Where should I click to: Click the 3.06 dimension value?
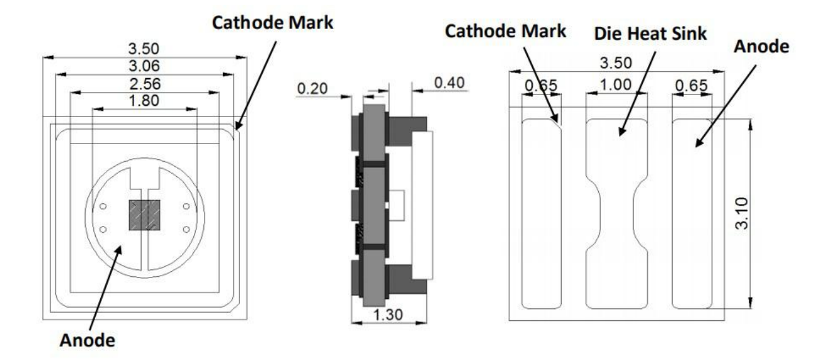click(144, 66)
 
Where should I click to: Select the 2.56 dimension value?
click(145, 84)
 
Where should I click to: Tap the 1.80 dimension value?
click(144, 101)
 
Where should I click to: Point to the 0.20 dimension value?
click(312, 89)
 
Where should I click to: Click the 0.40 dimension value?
click(450, 82)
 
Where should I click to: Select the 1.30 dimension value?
click(388, 315)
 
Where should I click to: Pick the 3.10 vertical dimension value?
click(742, 213)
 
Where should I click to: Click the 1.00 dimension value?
click(615, 85)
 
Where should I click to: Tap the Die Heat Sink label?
click(651, 34)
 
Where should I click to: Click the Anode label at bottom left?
click(88, 340)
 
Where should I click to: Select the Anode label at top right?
click(761, 47)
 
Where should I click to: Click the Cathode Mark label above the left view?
click(273, 23)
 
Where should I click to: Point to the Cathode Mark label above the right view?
click(506, 31)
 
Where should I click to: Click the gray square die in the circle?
click(144, 215)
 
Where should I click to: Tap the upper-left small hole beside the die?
click(103, 206)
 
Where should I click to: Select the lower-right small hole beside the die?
click(186, 229)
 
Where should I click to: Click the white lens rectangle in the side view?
click(422, 205)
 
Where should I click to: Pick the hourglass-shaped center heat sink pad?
click(617, 214)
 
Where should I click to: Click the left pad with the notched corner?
click(542, 214)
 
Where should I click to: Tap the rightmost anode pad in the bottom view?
click(692, 214)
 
